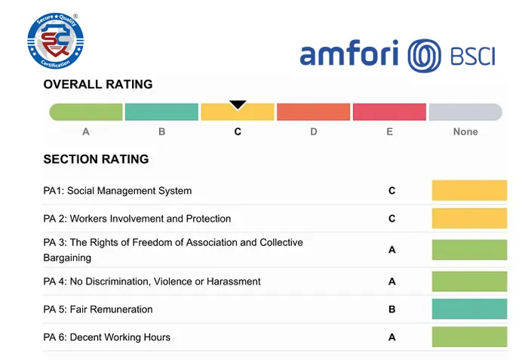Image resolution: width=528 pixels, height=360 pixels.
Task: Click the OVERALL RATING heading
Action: [98, 85]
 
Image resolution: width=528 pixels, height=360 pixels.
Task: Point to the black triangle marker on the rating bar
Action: [238, 104]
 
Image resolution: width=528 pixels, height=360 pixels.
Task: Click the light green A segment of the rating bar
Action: [86, 112]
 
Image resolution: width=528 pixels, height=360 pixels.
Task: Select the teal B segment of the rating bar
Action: [161, 112]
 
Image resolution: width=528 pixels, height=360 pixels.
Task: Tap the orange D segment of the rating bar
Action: [313, 112]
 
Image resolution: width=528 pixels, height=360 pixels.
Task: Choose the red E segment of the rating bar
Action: [389, 112]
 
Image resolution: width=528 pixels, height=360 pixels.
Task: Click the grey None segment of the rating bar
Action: [465, 112]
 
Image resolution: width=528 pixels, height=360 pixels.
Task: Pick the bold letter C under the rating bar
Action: [238, 131]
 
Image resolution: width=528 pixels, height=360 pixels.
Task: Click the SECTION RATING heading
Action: [96, 159]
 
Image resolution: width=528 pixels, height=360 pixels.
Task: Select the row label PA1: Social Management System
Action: [118, 191]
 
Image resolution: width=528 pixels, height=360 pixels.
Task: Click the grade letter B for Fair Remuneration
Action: [391, 309]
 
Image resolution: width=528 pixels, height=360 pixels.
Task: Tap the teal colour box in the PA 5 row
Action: [469, 309]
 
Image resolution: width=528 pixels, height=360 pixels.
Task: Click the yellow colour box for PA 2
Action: [469, 219]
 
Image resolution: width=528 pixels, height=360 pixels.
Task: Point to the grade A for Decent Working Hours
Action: [391, 337]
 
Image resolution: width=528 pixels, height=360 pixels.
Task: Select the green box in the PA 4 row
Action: [469, 282]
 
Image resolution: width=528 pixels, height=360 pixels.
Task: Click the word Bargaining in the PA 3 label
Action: [67, 257]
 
